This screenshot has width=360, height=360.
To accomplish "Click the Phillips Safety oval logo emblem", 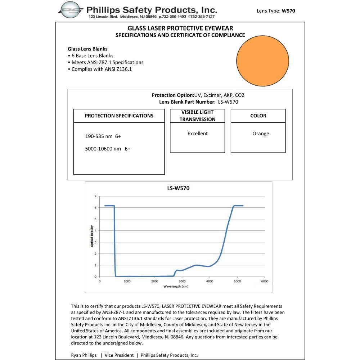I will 71,10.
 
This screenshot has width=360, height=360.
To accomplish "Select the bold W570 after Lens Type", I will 288,11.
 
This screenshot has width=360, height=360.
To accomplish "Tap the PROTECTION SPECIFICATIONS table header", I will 119,116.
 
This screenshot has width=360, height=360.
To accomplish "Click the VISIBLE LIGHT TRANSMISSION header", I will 197,116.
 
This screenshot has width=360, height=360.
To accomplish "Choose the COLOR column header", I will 258,116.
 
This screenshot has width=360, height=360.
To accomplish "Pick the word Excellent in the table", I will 197,134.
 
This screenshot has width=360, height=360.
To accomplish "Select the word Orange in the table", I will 261,134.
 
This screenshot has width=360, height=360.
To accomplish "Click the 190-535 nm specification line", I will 103,136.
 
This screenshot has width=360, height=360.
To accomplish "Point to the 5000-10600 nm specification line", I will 108,148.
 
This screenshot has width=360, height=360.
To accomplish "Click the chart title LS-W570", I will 178,188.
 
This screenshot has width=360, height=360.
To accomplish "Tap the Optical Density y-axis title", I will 92,236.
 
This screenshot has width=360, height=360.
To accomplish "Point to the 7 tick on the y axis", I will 95,196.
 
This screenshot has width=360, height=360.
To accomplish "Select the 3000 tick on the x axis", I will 182,281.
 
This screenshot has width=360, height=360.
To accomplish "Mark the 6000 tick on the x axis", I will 265,281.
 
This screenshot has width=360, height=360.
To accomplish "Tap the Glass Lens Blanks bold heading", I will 87,49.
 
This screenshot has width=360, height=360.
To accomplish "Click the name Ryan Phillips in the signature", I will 84,355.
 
